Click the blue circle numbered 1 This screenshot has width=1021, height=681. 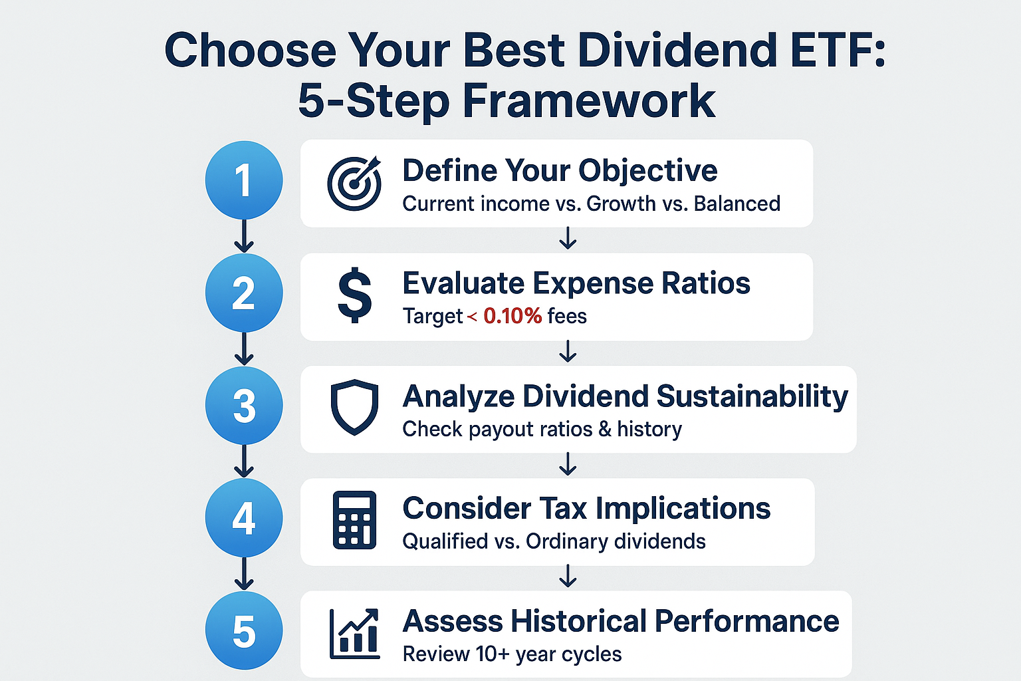(244, 180)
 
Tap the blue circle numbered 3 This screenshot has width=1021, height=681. (244, 406)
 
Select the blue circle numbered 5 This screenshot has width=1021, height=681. (244, 631)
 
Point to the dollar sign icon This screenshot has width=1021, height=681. (354, 295)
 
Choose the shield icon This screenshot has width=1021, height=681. (354, 407)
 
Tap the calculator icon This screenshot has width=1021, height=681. (354, 519)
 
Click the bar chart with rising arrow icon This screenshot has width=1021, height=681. (354, 633)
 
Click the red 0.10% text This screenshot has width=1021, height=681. (512, 316)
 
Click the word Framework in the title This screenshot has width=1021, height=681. (589, 101)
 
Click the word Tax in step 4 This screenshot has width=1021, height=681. (562, 509)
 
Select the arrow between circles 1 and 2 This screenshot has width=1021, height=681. (244, 237)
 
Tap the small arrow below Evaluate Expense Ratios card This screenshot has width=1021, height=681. (567, 351)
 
